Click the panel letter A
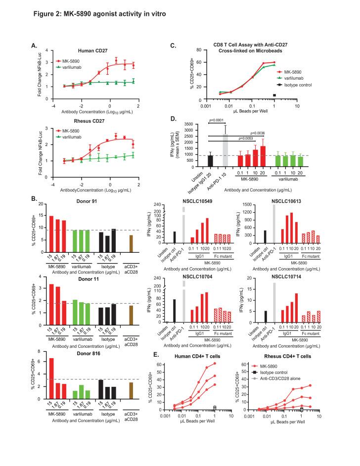point(35,45)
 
